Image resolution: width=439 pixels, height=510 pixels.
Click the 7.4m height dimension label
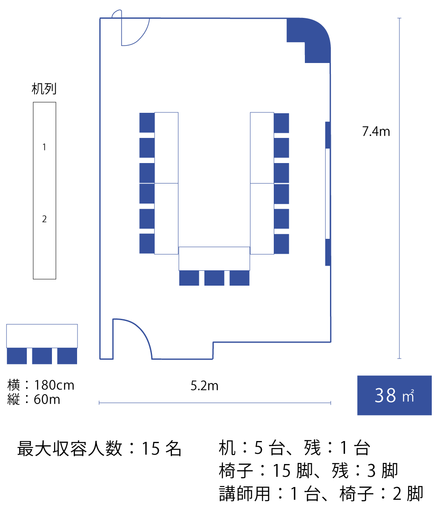(376, 132)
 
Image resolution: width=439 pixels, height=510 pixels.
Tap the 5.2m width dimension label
(204, 386)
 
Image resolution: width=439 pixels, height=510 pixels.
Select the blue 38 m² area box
(394, 395)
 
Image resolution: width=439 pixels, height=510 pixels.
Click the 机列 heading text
(44, 89)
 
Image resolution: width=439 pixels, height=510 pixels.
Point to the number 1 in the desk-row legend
(44, 147)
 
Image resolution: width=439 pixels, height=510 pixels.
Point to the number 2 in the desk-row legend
(44, 219)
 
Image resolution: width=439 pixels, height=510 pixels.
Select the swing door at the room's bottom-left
(132, 338)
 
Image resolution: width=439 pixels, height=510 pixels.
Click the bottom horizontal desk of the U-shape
(214, 258)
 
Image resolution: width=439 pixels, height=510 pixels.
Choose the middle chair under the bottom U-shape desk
(214, 278)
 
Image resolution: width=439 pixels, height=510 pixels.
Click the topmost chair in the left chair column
(147, 123)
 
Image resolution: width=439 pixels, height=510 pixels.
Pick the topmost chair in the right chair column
(281, 123)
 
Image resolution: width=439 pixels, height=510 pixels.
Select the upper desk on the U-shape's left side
(166, 147)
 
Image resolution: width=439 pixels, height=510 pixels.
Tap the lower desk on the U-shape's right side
(262, 218)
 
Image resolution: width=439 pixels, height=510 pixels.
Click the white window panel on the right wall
(327, 193)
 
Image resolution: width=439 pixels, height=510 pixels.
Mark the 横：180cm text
(41, 385)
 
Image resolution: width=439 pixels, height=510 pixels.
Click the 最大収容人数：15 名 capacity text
(99, 449)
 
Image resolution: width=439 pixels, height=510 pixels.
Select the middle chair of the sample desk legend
(42, 356)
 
